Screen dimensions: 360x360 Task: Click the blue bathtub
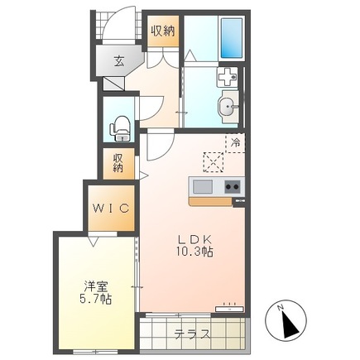point(232,38)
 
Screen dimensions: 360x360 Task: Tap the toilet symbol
point(120,128)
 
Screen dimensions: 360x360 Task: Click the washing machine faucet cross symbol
point(227,77)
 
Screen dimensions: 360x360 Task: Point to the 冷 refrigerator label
point(235,143)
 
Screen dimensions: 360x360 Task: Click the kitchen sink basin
point(203,187)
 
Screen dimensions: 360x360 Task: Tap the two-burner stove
point(233,187)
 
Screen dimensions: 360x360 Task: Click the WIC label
point(111,209)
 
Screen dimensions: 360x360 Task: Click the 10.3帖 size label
point(194,252)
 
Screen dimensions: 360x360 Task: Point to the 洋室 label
point(95,287)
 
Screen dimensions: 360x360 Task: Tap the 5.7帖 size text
point(95,299)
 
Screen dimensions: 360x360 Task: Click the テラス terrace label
point(192,334)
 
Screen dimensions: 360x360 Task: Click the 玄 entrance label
point(119,61)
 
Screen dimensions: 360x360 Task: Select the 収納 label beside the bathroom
point(163,31)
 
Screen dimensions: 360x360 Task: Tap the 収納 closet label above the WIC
point(118,163)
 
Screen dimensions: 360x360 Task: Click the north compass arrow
point(290,324)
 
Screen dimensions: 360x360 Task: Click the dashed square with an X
point(214,162)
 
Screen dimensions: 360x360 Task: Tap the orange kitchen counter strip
point(211,201)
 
